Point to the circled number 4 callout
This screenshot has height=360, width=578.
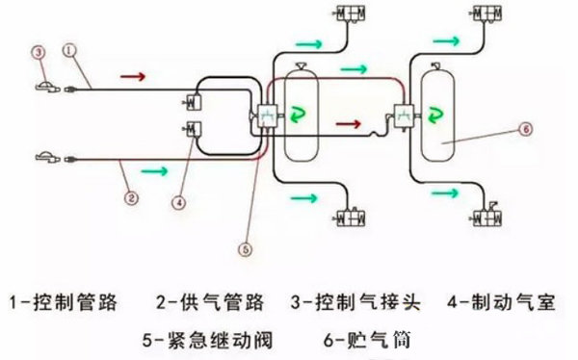(178, 202)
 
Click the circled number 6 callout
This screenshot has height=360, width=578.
(526, 126)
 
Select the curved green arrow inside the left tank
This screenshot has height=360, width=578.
(297, 115)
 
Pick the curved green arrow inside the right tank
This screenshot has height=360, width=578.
(435, 115)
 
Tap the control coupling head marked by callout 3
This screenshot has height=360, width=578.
(48, 87)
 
